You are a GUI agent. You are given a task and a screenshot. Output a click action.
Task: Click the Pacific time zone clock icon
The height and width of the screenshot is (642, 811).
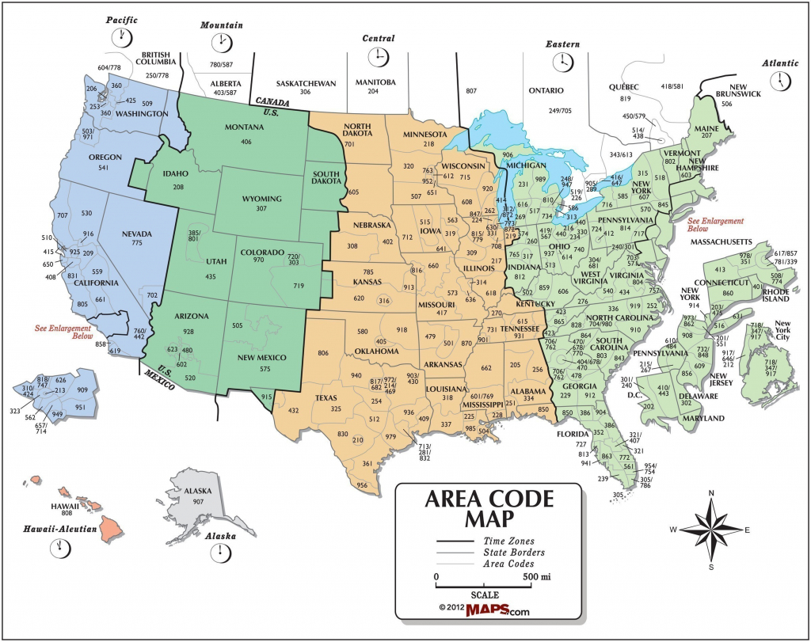(x=122, y=36)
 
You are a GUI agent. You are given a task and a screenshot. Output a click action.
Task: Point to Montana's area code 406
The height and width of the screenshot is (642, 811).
(x=246, y=142)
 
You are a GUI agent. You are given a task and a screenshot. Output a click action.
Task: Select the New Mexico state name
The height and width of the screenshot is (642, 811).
(x=261, y=357)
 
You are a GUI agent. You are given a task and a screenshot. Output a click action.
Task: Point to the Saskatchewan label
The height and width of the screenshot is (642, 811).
(x=306, y=83)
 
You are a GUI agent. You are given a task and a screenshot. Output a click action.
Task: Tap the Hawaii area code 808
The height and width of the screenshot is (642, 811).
(x=67, y=514)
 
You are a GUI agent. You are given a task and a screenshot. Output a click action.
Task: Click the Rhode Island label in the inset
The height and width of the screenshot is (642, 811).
(x=775, y=294)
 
